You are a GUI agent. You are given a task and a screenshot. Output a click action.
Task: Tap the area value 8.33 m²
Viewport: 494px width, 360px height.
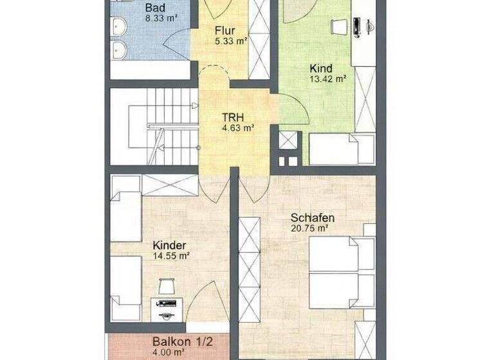[162, 18]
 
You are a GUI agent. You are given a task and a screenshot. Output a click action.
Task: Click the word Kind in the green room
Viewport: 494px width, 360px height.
[321, 68]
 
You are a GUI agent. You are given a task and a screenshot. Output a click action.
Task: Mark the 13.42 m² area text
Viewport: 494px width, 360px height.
[328, 80]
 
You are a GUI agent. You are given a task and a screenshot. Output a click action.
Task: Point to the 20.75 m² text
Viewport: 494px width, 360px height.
[309, 228]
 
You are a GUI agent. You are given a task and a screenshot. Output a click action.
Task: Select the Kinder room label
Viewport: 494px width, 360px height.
[170, 245]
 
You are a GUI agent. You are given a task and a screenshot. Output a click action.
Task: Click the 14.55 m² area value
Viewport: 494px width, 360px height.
[170, 256]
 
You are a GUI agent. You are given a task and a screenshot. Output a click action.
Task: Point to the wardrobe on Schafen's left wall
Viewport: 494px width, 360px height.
[250, 270]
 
